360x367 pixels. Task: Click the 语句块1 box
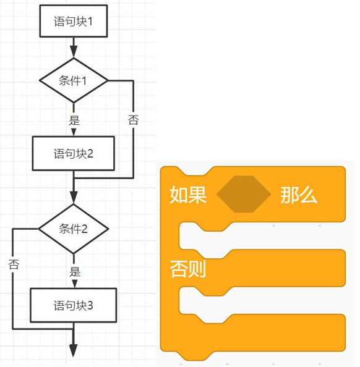click(x=74, y=21)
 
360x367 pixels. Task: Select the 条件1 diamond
click(x=74, y=80)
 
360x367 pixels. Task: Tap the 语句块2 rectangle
click(x=74, y=154)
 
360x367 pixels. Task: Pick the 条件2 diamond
click(x=74, y=229)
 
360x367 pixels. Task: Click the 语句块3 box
click(x=74, y=305)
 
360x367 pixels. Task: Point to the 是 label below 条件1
click(x=74, y=120)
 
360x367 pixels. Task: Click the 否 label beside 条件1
click(x=133, y=120)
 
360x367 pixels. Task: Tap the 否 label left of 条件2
click(x=14, y=264)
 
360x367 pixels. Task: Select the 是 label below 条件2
click(x=75, y=272)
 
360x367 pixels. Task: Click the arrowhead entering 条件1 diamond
click(x=74, y=52)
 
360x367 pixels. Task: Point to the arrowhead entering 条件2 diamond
click(x=74, y=198)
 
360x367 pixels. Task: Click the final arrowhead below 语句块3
click(x=74, y=350)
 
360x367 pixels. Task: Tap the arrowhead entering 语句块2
click(x=74, y=132)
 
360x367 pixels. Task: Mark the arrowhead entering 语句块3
click(x=74, y=284)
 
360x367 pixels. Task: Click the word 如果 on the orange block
click(x=188, y=195)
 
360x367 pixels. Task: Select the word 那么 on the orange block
click(x=299, y=195)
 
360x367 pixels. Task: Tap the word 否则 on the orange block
click(x=188, y=269)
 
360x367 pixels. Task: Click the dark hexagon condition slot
click(x=244, y=194)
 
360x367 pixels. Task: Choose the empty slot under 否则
click(x=262, y=303)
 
